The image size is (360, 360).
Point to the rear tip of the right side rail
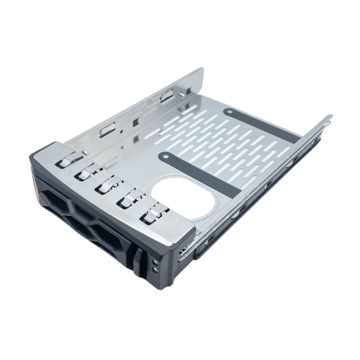point(329,118)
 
